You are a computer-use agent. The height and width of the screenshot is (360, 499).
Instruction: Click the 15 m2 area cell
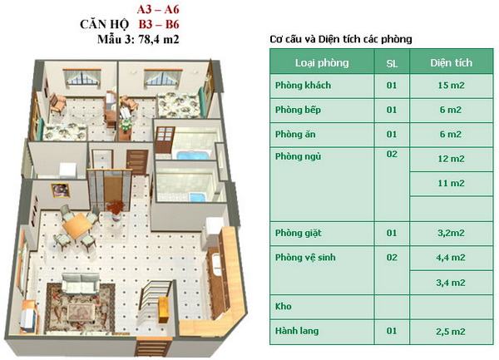(451, 86)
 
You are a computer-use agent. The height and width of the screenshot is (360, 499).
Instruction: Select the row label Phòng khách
(303, 86)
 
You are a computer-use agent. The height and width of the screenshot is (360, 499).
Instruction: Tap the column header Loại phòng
(322, 62)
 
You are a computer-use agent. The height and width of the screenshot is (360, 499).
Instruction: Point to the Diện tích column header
(451, 62)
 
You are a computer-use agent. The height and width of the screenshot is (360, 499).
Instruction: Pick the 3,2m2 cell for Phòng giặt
(451, 233)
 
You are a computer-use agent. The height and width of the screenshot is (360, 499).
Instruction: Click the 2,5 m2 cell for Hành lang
(451, 332)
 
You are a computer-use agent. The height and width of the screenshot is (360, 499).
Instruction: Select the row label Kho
(284, 306)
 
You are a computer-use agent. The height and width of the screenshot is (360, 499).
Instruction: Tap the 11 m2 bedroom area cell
(451, 183)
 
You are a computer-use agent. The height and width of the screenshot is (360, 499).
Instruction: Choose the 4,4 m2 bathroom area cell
(451, 257)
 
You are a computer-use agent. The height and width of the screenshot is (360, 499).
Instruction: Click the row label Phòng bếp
(298, 110)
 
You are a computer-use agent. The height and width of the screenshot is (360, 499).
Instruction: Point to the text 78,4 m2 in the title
(159, 39)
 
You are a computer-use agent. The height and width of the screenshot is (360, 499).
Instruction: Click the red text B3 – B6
(159, 24)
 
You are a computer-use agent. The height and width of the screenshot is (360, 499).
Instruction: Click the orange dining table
(77, 226)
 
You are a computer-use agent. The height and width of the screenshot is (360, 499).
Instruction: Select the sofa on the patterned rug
(80, 283)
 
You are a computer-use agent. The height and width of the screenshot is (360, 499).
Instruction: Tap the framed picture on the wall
(60, 190)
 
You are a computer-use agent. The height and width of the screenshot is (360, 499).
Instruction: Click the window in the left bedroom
(82, 77)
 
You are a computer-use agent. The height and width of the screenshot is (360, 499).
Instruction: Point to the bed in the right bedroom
(179, 106)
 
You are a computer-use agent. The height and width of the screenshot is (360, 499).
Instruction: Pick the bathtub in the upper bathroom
(193, 155)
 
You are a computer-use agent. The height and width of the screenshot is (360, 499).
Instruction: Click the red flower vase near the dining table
(116, 210)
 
